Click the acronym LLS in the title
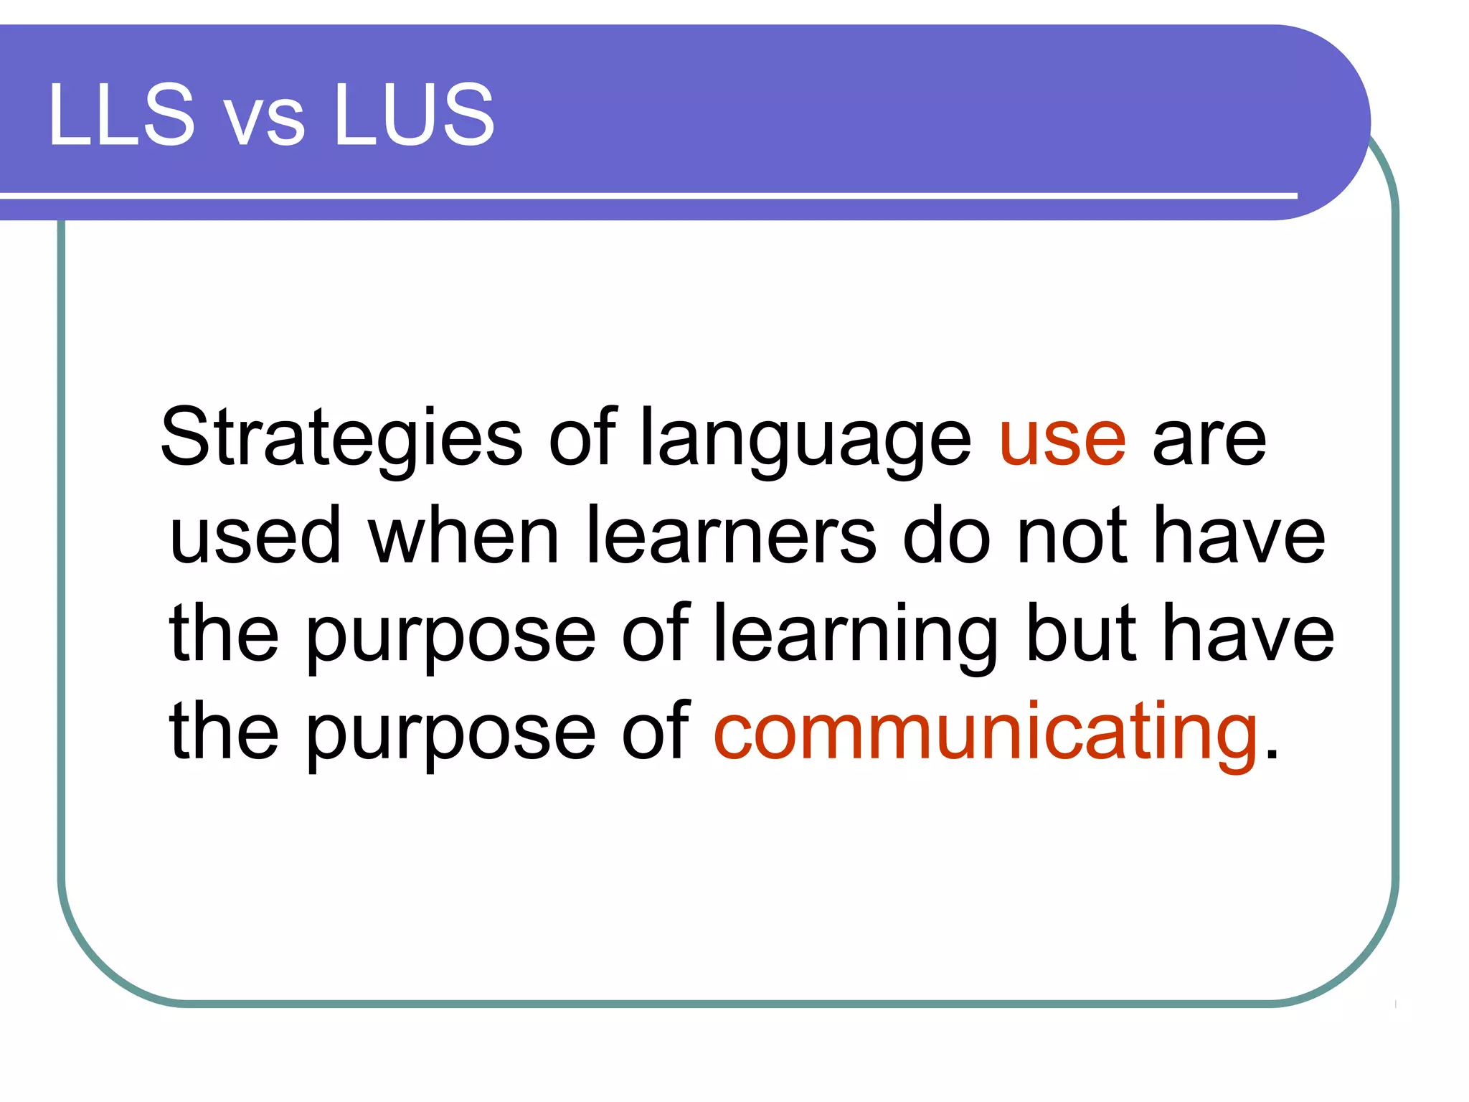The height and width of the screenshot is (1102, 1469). [121, 115]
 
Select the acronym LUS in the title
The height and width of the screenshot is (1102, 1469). [414, 115]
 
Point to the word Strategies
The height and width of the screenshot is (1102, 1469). [341, 438]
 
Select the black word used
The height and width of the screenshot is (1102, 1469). [255, 534]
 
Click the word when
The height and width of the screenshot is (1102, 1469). [463, 534]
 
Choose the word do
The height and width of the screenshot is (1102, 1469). [945, 534]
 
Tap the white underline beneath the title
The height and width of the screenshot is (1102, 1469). [646, 195]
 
